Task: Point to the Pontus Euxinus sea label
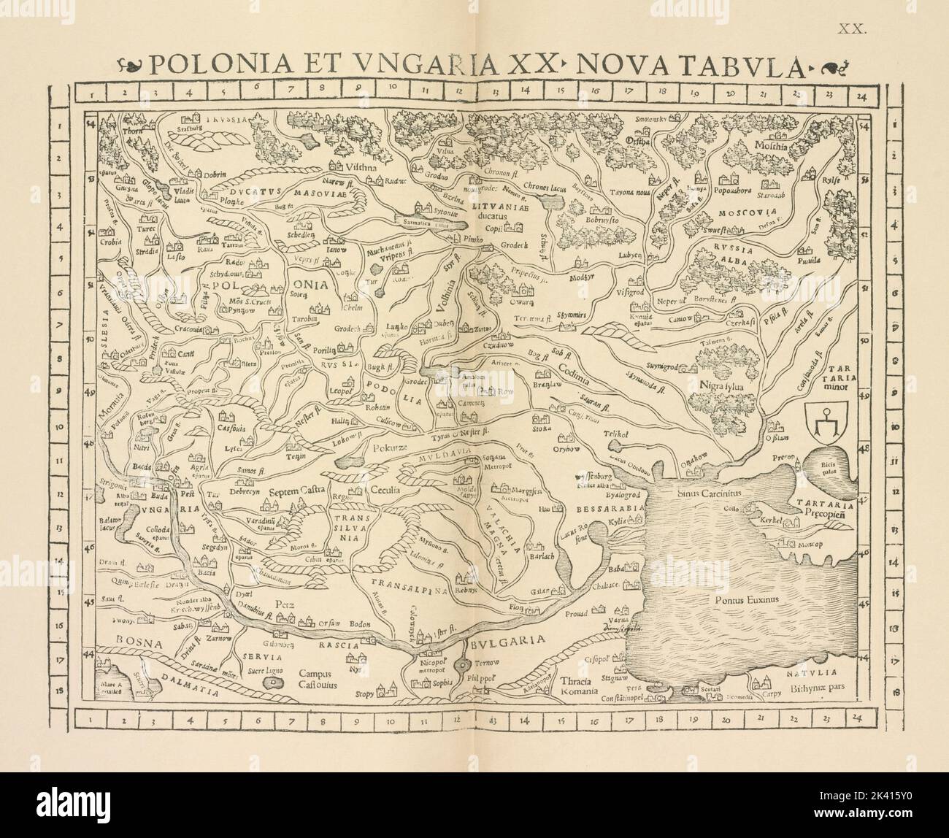(745, 599)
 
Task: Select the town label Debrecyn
(237, 491)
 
